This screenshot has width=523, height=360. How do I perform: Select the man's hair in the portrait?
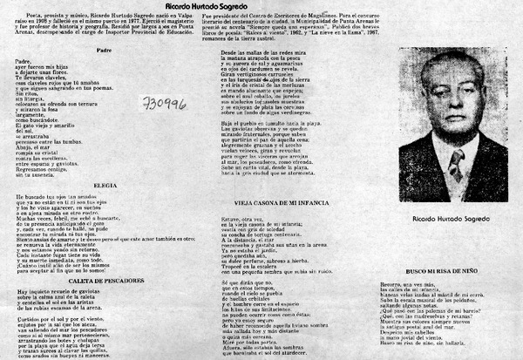click(456, 64)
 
